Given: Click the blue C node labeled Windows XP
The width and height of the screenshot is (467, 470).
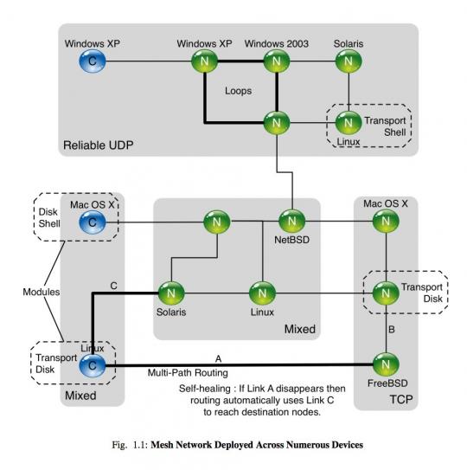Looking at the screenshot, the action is coord(93,61).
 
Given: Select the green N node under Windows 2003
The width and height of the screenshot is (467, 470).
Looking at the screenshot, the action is coord(277,61).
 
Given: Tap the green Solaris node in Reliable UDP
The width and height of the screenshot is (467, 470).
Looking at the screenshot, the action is coord(349,61).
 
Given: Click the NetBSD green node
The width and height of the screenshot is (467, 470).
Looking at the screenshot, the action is coord(291,222).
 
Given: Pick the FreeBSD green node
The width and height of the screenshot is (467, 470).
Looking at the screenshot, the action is coord(386,364).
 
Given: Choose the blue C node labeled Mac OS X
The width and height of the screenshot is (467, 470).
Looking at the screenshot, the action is coord(93,222).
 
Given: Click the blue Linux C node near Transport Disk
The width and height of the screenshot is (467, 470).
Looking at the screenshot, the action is coord(93,365).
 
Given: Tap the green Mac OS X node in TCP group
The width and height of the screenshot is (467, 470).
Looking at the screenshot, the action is coord(386,222).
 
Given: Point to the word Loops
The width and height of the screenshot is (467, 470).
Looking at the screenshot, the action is coord(238,91).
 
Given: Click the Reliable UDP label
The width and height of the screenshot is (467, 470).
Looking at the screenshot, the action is coord(99,145).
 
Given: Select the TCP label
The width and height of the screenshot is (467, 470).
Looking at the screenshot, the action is coord(401,399).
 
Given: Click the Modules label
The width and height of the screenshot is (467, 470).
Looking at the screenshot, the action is coord(42,292).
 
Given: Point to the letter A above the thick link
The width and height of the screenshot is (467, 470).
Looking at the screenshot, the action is coord(219,358).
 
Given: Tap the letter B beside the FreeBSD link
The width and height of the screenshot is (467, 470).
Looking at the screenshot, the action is coord(391,330).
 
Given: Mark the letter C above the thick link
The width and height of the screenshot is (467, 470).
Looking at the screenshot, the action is coord(113,286).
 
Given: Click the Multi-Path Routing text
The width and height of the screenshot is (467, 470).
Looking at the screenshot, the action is coord(188,372).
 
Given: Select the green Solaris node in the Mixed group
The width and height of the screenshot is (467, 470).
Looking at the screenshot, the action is coord(171,293).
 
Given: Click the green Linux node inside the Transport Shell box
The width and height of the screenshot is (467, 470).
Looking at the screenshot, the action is coord(349,123).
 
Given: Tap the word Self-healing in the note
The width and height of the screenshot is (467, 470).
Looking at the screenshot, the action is coord(205,389).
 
